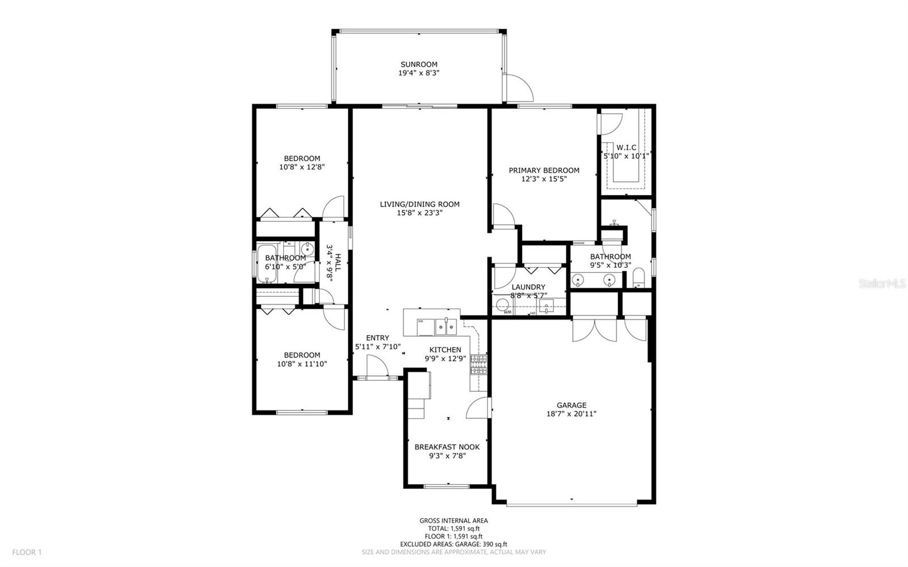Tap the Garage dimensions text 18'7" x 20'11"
pos(571,414)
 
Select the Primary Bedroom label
pos(544,170)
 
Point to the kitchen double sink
pos(446,326)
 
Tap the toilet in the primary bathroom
pos(638,278)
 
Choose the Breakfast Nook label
pos(447,447)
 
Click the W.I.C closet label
pos(626,148)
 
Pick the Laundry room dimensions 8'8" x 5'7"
pos(528,295)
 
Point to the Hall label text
pos(338,262)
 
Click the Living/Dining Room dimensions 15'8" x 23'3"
pos(419,213)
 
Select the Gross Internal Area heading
pos(453,520)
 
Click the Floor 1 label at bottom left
pos(27,552)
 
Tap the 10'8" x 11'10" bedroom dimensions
pos(302,364)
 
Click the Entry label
pos(377,338)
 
